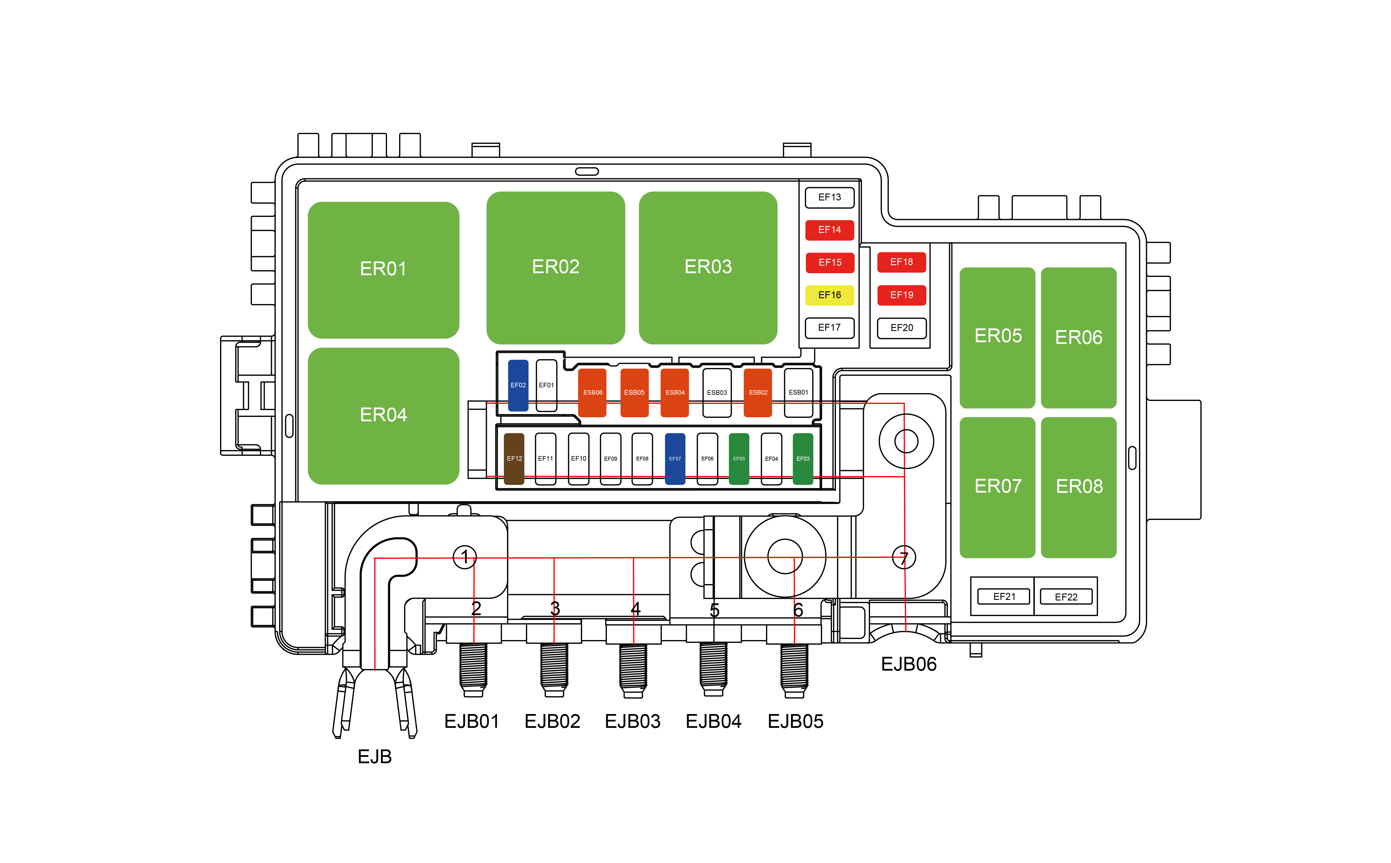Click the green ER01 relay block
(383, 269)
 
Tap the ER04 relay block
(383, 416)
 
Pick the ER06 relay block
(1078, 337)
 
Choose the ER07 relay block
(997, 487)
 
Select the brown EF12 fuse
(514, 459)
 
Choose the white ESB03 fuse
(717, 393)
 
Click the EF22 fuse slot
(1066, 597)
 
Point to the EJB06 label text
(908, 664)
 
